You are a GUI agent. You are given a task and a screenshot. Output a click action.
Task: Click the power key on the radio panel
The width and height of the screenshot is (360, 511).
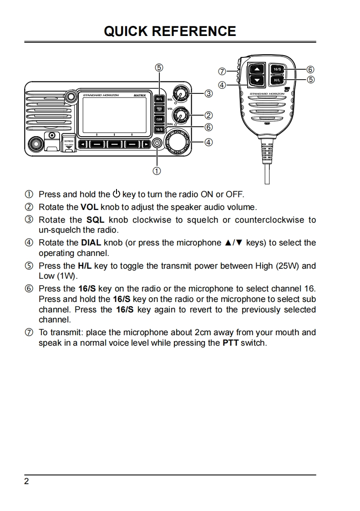point(157,143)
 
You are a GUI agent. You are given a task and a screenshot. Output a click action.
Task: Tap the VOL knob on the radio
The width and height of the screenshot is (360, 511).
point(182,116)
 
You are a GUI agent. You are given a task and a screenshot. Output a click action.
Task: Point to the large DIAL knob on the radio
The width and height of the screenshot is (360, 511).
point(178,142)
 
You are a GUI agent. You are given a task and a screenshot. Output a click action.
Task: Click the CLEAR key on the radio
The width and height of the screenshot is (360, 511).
point(159,119)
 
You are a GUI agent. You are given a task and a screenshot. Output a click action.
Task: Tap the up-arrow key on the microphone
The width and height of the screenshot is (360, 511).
point(257,69)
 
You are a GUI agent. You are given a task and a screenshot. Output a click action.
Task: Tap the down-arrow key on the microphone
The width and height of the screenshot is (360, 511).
point(257,81)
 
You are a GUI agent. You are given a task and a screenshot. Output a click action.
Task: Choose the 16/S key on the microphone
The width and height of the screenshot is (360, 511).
point(277,69)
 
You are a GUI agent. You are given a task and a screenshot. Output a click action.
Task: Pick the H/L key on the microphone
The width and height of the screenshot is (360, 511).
point(277,80)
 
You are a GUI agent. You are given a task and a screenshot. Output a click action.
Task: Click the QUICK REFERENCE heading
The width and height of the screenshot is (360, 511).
point(170,31)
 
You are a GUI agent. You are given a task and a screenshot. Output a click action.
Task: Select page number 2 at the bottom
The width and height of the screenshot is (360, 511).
point(26,481)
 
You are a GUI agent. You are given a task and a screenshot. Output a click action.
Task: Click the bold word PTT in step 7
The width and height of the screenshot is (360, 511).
point(230,342)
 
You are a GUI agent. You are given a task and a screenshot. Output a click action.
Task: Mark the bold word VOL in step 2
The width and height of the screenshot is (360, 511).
point(89,207)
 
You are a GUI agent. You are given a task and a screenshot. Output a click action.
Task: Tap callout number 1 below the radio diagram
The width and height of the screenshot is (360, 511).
point(157,171)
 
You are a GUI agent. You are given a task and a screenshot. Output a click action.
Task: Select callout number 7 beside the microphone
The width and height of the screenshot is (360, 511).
point(222,72)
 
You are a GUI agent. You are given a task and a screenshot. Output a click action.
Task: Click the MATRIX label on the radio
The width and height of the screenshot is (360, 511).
point(140,95)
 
